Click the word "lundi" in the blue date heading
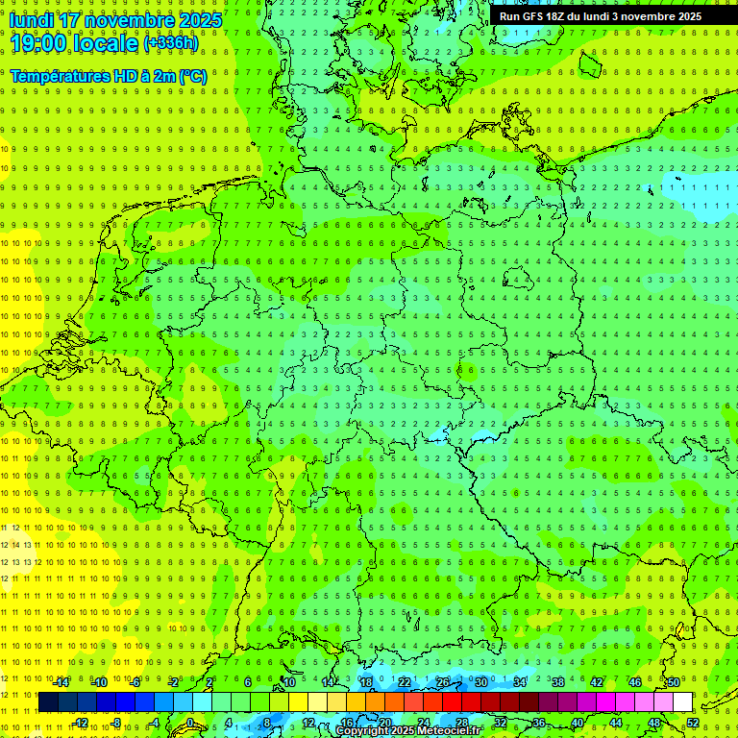30,19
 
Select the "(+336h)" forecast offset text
171,42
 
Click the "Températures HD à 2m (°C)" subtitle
108,76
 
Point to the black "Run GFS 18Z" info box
600,15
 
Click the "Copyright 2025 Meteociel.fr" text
408,731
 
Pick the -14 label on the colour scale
61,682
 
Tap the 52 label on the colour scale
693,723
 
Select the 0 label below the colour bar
190,723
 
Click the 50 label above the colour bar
674,682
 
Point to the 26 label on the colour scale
442,682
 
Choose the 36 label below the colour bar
539,723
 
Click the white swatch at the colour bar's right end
683,702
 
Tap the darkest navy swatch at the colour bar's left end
49,702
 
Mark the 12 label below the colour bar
307,723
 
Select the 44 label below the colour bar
616,723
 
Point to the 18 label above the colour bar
365,682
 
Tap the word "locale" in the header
109,42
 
